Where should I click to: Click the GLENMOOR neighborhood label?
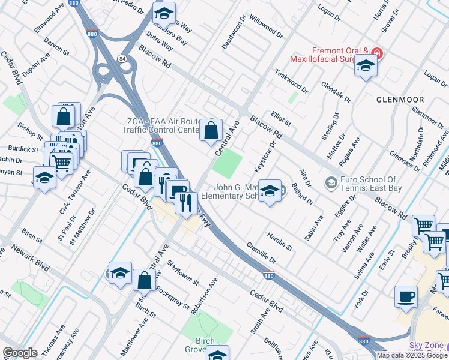pyautogui.click(x=400, y=100)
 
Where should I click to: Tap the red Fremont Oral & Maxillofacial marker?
pyautogui.click(x=376, y=52)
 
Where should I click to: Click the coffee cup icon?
pyautogui.click(x=406, y=296)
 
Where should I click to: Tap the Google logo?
pyautogui.click(x=20, y=352)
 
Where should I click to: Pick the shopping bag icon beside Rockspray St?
pyautogui.click(x=145, y=280)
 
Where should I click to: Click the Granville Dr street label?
pyautogui.click(x=261, y=254)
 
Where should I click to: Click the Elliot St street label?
pyautogui.click(x=280, y=118)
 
